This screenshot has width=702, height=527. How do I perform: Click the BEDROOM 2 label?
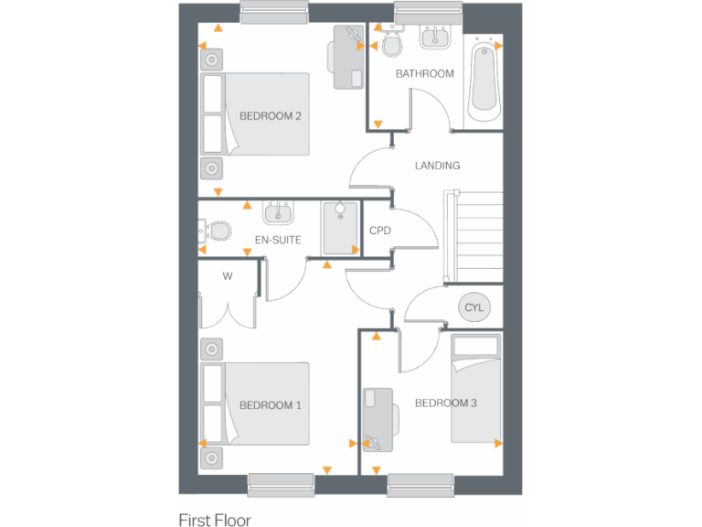[270, 116]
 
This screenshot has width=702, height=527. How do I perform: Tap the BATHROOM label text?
[424, 74]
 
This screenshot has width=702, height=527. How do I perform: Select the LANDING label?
[437, 166]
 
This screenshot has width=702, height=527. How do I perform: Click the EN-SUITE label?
[278, 240]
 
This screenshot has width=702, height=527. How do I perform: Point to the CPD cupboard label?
[379, 231]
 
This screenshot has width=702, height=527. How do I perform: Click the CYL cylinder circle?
[473, 307]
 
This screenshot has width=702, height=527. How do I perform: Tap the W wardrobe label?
[229, 275]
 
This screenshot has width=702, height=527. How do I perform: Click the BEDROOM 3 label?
[445, 403]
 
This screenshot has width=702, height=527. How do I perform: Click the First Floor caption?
[215, 519]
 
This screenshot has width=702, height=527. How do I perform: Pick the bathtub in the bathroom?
[484, 82]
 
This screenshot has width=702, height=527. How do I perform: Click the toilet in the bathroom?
[391, 44]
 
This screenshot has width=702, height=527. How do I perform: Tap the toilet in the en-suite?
[218, 229]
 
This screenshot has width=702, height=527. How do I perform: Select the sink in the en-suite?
[278, 213]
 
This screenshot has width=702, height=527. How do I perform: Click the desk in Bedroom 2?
[347, 57]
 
